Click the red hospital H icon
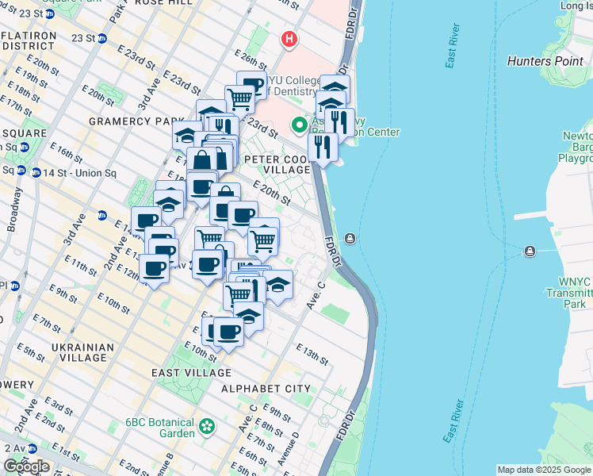click(290, 38)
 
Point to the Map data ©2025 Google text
click(543, 470)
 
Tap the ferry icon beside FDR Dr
click(350, 239)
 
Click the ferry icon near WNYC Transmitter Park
click(530, 251)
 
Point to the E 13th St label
click(312, 355)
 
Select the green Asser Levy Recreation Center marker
click(300, 125)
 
